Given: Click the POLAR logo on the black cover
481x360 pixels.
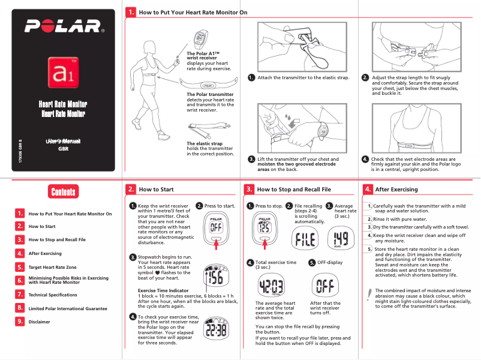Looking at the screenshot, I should click(63, 27).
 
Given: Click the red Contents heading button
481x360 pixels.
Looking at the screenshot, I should click(63, 192).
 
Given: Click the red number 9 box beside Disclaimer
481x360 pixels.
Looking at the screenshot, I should click(20, 321).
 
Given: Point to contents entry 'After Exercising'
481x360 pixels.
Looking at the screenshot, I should click(45, 253).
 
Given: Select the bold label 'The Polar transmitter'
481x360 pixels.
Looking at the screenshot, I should click(210, 94).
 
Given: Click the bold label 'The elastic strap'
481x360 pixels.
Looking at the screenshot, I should click(205, 144).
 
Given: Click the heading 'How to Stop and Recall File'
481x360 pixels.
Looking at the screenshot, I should click(294, 190).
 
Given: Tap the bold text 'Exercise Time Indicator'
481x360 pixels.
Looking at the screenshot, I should click(163, 290).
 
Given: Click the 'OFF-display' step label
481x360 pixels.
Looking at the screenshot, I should click(330, 262).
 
